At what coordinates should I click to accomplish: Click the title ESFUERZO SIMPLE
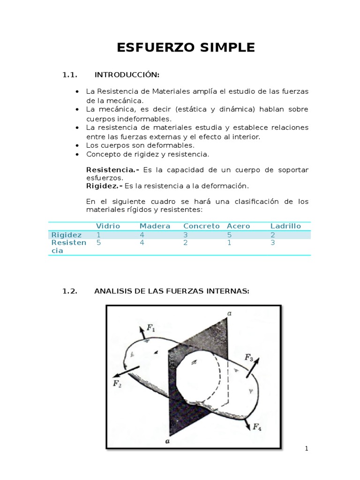click(186, 47)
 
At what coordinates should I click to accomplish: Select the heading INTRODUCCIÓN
click(127, 75)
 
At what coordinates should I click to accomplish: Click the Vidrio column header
click(108, 226)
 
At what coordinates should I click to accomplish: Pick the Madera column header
click(155, 226)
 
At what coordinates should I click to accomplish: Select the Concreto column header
click(201, 226)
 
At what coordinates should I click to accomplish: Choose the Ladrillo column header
click(285, 226)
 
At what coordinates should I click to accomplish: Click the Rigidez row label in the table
click(67, 234)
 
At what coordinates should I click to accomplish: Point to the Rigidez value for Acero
click(229, 234)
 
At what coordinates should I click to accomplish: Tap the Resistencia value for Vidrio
click(98, 243)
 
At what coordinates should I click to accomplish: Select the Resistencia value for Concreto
click(186, 243)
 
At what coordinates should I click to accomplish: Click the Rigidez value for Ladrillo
click(273, 234)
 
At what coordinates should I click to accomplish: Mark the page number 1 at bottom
click(307, 449)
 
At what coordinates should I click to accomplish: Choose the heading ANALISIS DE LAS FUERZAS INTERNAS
click(172, 291)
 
